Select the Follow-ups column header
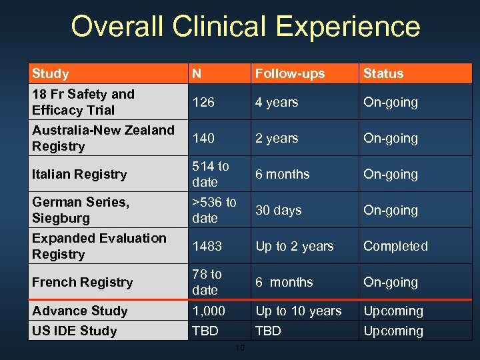(x=290, y=73)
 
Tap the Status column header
(x=383, y=73)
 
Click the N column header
(x=197, y=73)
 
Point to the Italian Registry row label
(x=79, y=174)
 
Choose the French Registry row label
(x=82, y=282)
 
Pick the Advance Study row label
(x=79, y=311)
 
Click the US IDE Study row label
(x=74, y=331)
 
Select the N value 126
(x=203, y=102)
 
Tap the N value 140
(x=203, y=138)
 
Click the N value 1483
(x=207, y=246)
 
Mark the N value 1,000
(x=209, y=311)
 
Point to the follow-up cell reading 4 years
(x=277, y=102)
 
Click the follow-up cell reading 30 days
(x=279, y=210)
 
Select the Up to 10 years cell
(x=299, y=311)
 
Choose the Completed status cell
(x=395, y=246)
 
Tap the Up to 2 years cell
(x=295, y=246)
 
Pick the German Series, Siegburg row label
(x=81, y=210)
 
